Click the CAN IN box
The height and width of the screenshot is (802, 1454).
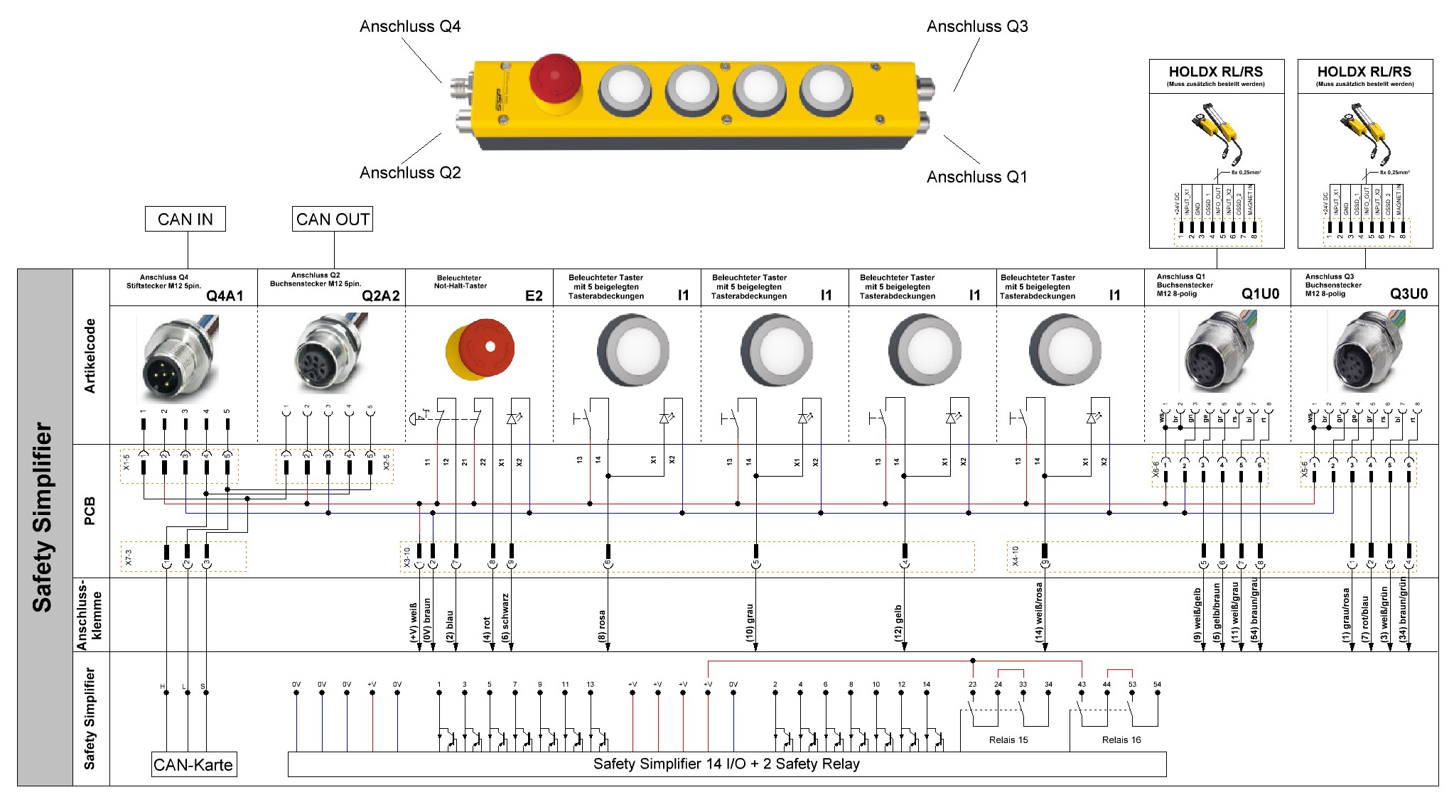click(x=185, y=220)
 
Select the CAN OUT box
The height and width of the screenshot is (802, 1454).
click(x=333, y=220)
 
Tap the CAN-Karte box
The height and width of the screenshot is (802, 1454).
click(x=193, y=765)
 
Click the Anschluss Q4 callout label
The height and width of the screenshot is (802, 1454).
click(x=410, y=27)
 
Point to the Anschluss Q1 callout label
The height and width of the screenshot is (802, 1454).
click(x=976, y=177)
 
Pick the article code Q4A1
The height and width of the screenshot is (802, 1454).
click(x=225, y=296)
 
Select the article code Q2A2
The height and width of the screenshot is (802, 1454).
click(x=381, y=296)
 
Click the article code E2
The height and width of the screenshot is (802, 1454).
click(x=534, y=296)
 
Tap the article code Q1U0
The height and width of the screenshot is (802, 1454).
click(x=1260, y=294)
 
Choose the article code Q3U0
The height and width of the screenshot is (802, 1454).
click(x=1409, y=294)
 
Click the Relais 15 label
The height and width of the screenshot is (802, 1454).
click(x=1008, y=740)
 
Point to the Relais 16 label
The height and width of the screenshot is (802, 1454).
click(x=1121, y=740)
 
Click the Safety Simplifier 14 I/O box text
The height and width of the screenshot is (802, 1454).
click(x=726, y=764)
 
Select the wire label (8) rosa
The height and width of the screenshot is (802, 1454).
click(x=602, y=626)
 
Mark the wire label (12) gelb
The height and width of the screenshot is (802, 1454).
click(x=898, y=623)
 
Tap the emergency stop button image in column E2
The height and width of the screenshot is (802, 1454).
click(x=480, y=349)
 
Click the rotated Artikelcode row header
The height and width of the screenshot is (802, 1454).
click(x=90, y=356)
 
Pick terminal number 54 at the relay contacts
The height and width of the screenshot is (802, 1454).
click(x=1157, y=685)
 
